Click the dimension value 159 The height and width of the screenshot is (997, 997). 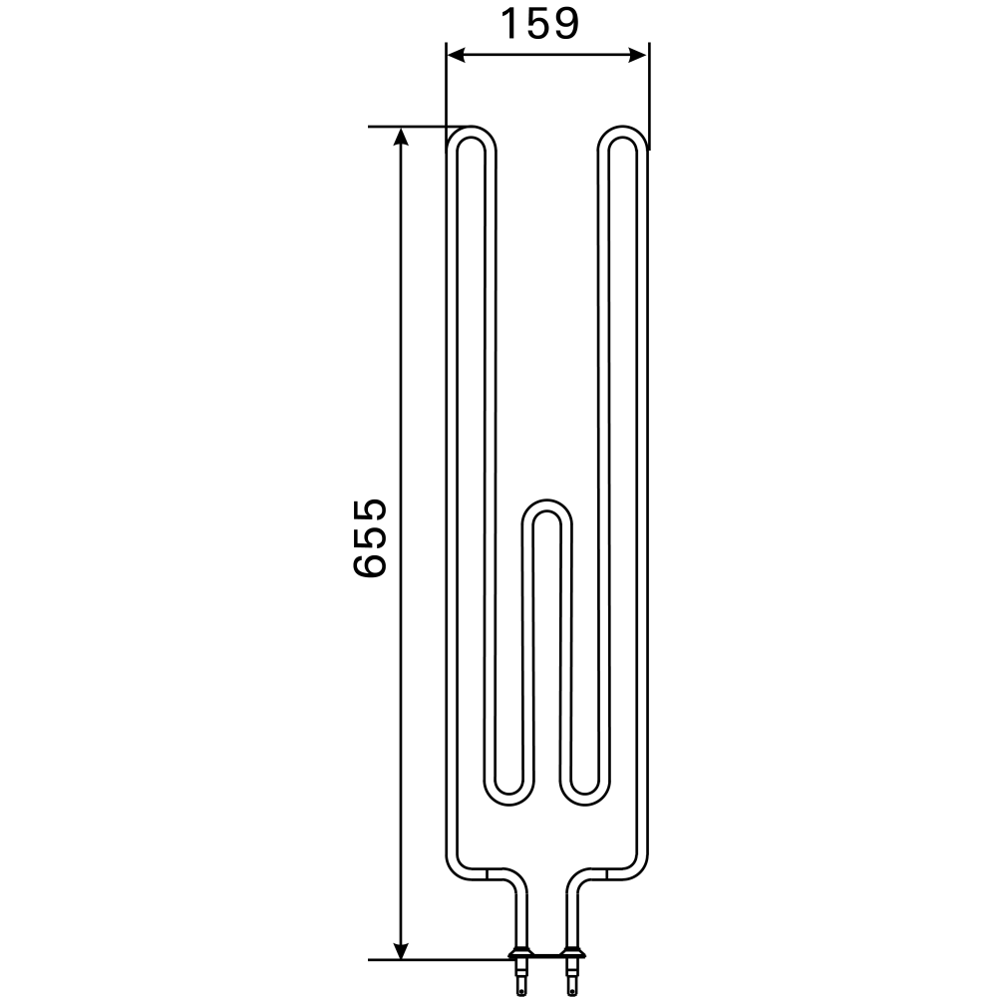click(538, 24)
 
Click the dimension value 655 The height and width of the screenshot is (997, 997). click(370, 538)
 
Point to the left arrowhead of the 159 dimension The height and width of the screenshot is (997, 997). click(454, 56)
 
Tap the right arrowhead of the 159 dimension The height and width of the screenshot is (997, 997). click(640, 56)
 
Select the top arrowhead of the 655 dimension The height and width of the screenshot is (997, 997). click(402, 137)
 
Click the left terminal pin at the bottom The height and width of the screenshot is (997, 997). click(520, 972)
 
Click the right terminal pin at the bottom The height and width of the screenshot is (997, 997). click(572, 972)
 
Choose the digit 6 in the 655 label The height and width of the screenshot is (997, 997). click(370, 564)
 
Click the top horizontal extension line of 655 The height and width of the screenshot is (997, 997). click(409, 127)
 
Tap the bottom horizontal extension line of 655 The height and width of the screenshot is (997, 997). click(439, 960)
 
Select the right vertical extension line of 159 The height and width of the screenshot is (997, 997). click(649, 95)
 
